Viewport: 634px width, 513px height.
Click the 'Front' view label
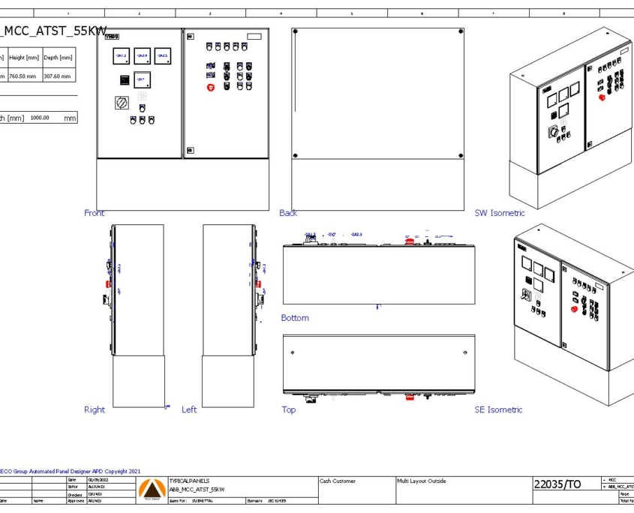pos(95,213)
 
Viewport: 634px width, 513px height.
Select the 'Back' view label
pos(288,213)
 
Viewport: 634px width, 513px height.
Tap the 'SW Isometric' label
pos(499,213)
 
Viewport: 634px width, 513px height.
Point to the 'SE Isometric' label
pos(498,409)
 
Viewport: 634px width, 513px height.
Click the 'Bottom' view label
pos(295,318)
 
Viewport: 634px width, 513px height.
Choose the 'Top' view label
pos(288,409)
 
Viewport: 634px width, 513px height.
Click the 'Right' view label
pos(95,409)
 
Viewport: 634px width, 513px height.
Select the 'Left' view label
pos(189,409)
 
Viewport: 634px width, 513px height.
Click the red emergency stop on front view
pos(211,87)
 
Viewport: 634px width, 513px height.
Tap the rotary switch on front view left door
pos(121,103)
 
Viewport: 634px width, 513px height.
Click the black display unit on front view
pos(121,80)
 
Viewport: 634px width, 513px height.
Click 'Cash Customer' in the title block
pos(338,481)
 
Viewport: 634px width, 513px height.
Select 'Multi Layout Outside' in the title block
pos(422,481)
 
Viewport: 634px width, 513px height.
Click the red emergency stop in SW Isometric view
pos(601,97)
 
